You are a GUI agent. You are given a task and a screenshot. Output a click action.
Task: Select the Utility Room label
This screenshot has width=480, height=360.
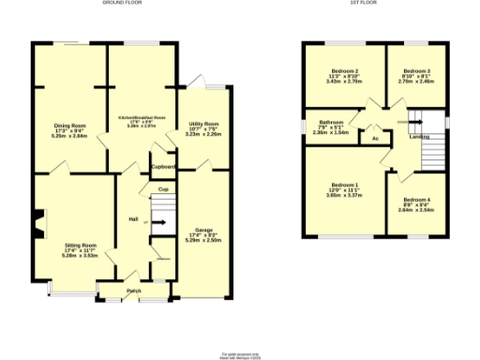[203, 124]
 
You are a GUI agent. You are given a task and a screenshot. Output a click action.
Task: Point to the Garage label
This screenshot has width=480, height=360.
[203, 231]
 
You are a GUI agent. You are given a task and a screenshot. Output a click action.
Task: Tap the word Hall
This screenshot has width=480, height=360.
[134, 220]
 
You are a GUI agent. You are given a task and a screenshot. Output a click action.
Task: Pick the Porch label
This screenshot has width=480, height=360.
[135, 292]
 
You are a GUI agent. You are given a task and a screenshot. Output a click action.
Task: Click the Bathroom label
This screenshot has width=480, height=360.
[330, 122]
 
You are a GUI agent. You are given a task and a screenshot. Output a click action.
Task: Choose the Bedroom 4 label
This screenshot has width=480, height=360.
[416, 201]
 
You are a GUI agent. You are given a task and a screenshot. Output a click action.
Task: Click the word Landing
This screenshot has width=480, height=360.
[421, 138]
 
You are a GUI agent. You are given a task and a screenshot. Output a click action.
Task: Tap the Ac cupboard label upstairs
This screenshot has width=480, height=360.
[375, 140]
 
